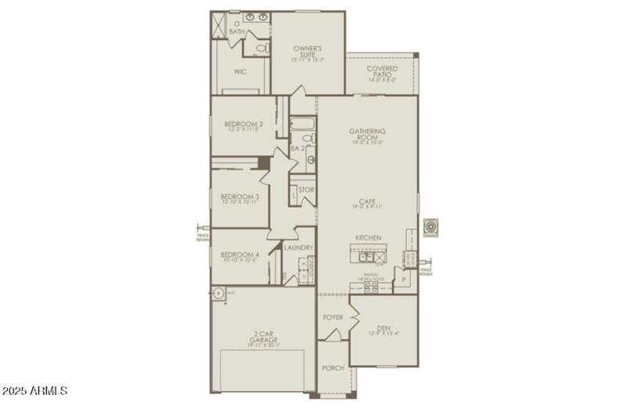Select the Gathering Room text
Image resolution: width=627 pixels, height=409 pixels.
pos(368,134)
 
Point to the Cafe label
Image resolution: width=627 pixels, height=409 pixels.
pos(368,203)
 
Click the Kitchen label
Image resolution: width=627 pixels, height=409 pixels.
pos(368,237)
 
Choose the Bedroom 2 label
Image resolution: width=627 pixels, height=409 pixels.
pos(243,125)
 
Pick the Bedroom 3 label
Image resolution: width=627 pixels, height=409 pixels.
pos(239,198)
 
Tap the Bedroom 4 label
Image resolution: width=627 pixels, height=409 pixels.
pos(239,256)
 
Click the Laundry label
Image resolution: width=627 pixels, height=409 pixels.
pos(299,248)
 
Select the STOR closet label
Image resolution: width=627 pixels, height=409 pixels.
pos(306,190)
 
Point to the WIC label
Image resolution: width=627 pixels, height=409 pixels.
pos(241,71)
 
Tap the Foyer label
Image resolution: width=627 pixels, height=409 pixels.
pos(333,317)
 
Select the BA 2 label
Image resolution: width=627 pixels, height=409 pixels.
pos(297,148)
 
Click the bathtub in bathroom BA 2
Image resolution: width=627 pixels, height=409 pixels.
pos(303,123)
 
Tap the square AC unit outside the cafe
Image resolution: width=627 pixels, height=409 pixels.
pos(430,228)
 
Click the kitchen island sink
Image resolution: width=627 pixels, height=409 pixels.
pos(364,255)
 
